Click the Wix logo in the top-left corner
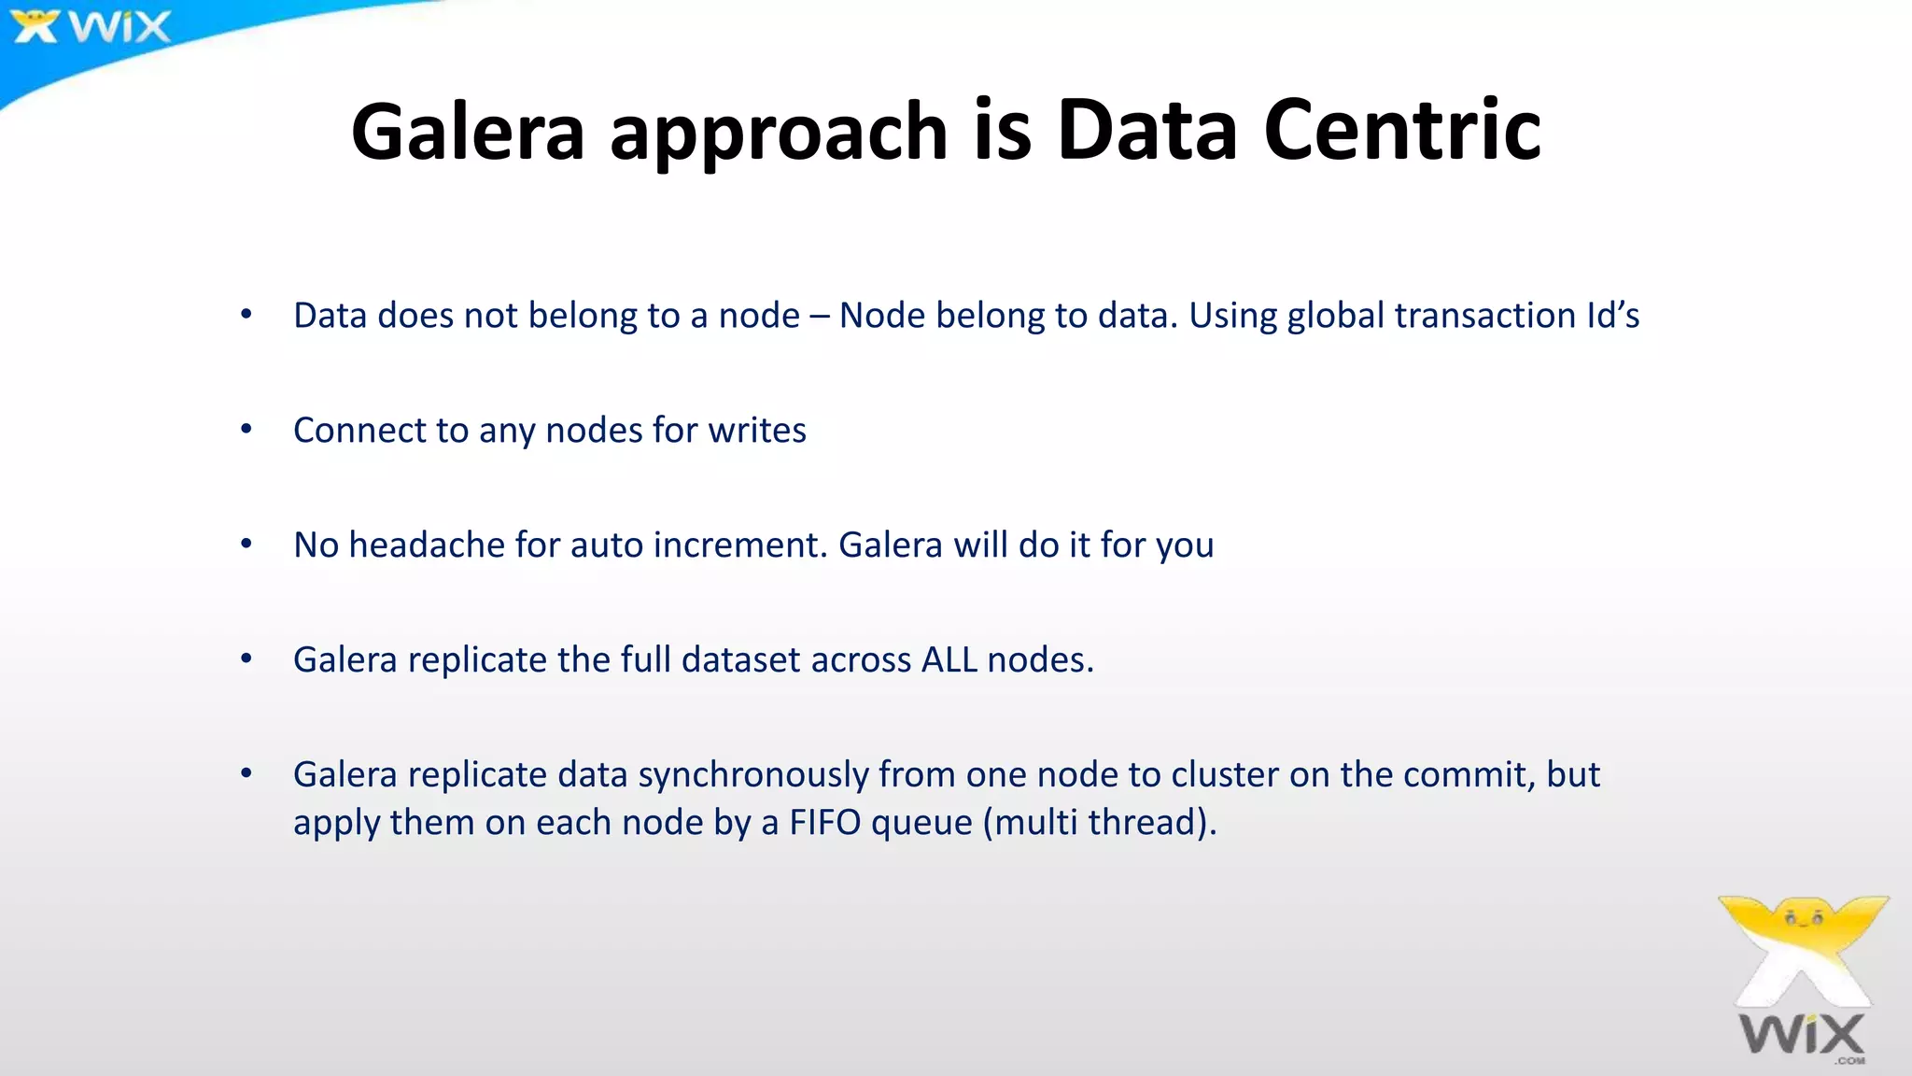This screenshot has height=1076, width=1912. click(91, 26)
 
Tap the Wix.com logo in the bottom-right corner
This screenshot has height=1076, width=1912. click(1802, 981)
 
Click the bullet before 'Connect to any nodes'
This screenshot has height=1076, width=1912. click(246, 430)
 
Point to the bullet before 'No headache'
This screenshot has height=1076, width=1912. click(246, 545)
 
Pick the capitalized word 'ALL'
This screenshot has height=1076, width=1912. click(949, 659)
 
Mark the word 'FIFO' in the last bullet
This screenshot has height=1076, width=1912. click(825, 823)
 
